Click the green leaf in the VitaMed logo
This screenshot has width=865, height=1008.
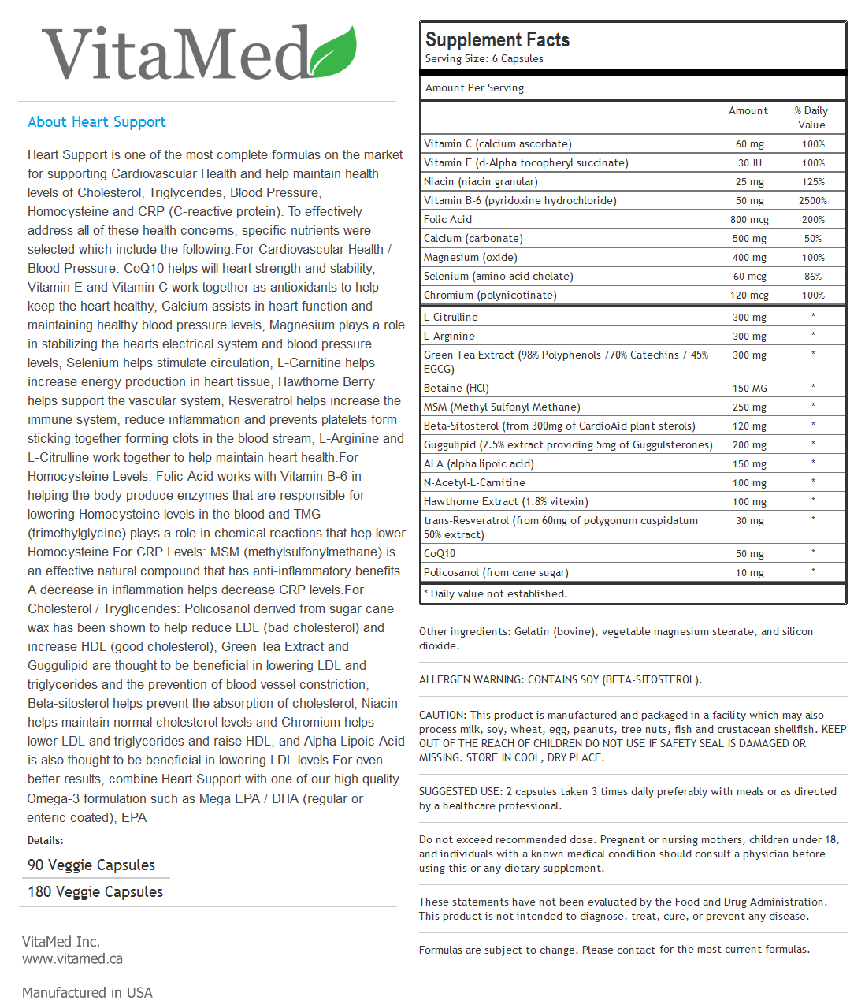click(x=334, y=52)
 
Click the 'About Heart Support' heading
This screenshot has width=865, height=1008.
click(x=97, y=122)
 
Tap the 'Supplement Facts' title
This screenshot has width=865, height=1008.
click(x=497, y=39)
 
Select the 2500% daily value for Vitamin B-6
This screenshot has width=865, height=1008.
click(x=812, y=201)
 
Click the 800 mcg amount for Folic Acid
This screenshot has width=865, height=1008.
click(x=749, y=220)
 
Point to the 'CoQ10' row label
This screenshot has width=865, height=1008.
click(x=440, y=554)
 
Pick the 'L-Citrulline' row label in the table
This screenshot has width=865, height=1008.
click(x=451, y=318)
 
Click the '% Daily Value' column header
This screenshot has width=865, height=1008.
click(x=811, y=117)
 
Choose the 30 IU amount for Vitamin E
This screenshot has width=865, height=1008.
click(x=749, y=163)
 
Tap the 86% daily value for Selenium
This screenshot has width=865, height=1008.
click(x=812, y=277)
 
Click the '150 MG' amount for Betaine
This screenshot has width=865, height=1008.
click(x=749, y=389)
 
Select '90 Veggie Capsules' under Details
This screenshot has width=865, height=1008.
click(x=91, y=865)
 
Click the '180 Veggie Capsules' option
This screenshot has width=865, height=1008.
click(x=95, y=892)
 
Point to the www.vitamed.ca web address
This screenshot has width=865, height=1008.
click(x=72, y=959)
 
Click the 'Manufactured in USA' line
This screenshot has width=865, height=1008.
click(x=87, y=993)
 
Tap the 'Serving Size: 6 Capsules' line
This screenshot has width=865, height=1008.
click(x=484, y=59)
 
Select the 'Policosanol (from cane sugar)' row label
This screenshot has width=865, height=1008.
click(x=496, y=573)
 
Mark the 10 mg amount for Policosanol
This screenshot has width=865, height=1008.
click(x=749, y=573)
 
